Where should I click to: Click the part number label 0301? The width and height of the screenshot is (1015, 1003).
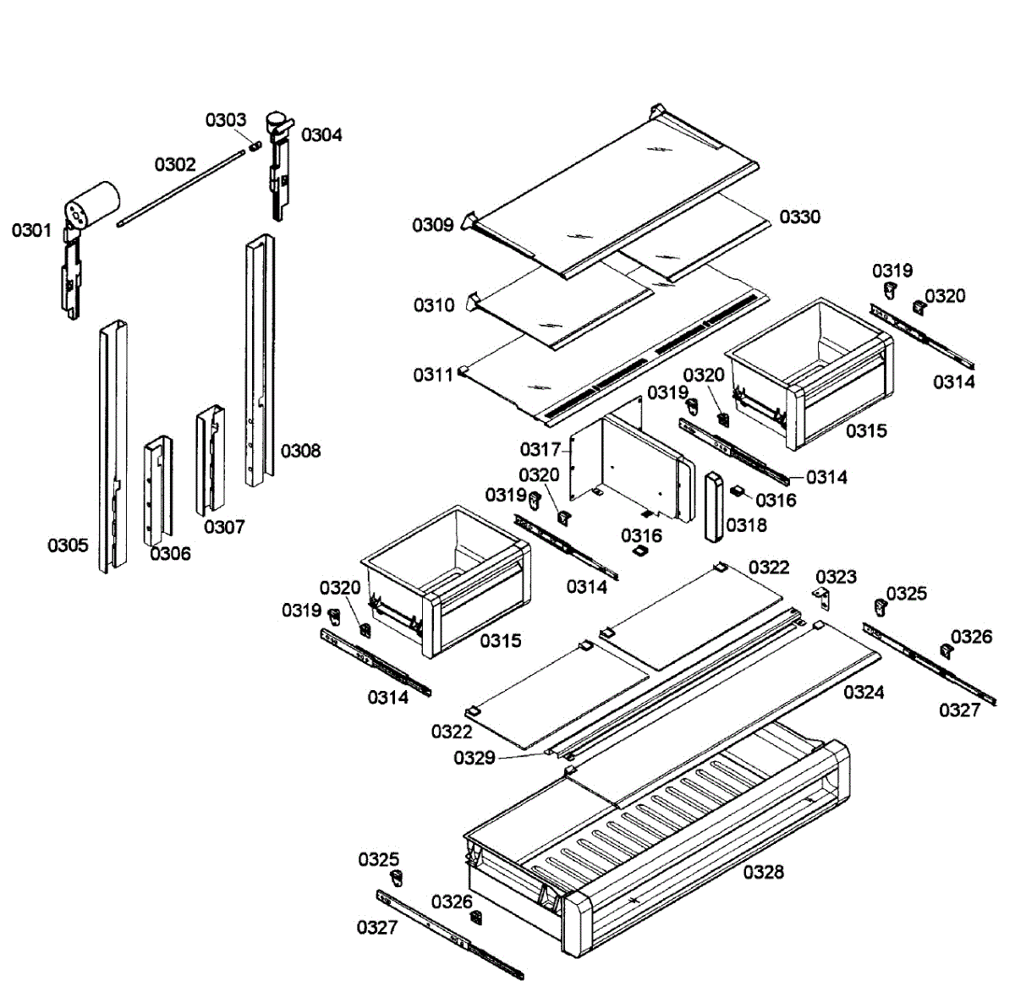[x=31, y=230]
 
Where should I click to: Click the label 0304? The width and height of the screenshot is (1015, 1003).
[x=321, y=134]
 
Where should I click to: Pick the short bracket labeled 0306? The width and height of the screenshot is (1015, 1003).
[x=157, y=491]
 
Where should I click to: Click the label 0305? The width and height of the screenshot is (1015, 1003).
[x=68, y=545]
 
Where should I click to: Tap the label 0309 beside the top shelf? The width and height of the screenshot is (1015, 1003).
[x=433, y=225]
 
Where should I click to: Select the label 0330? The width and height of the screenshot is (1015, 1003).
[x=799, y=217]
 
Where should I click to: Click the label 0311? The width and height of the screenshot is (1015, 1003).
[x=433, y=375]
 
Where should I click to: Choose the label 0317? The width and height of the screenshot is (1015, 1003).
[x=540, y=449]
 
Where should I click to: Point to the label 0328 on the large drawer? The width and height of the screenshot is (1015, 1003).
[x=763, y=872]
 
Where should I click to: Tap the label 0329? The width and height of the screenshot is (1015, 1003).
[x=474, y=758]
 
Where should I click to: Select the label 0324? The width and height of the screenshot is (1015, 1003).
[x=864, y=693]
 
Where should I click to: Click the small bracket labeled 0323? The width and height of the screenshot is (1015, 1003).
[x=822, y=598]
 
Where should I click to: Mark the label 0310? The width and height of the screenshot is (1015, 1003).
[x=434, y=305]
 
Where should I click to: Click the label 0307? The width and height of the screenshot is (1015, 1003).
[x=224, y=527]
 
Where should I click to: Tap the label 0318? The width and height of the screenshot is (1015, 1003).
[x=746, y=525]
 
